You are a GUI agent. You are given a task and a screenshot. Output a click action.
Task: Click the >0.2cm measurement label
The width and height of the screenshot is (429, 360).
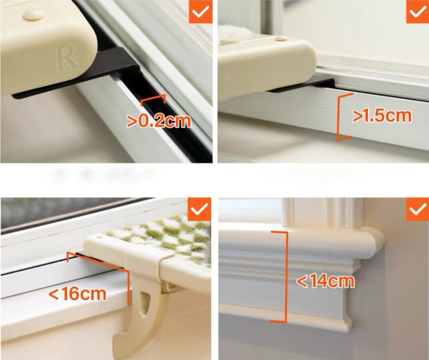[x=159, y=121]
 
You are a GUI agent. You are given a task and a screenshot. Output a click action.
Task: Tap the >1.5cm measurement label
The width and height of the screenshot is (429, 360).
[x=382, y=115]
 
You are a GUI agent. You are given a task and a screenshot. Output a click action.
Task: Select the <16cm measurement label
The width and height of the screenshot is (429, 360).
[x=78, y=294]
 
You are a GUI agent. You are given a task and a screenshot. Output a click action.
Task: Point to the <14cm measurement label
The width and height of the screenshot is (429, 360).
[x=325, y=281]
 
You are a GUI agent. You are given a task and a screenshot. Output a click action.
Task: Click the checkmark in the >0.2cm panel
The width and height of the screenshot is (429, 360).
[x=200, y=11]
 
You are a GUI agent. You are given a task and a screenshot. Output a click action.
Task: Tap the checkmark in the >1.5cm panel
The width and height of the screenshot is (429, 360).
[x=418, y=11]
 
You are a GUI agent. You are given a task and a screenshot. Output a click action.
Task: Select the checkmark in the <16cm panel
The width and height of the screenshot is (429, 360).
[x=199, y=210]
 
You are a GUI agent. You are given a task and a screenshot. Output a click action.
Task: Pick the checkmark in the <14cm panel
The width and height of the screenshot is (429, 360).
[x=418, y=210]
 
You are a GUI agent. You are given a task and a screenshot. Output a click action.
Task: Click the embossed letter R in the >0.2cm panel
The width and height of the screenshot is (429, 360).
[x=66, y=57]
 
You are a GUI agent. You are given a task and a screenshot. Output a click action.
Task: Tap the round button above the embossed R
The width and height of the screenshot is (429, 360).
[x=33, y=15]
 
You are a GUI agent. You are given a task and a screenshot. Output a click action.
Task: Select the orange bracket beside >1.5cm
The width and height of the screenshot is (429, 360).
[x=344, y=117]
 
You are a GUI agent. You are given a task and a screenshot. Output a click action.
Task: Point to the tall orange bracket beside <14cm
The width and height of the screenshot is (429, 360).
[x=282, y=277]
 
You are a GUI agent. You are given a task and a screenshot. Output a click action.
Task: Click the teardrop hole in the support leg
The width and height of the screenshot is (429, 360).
[x=145, y=302]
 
